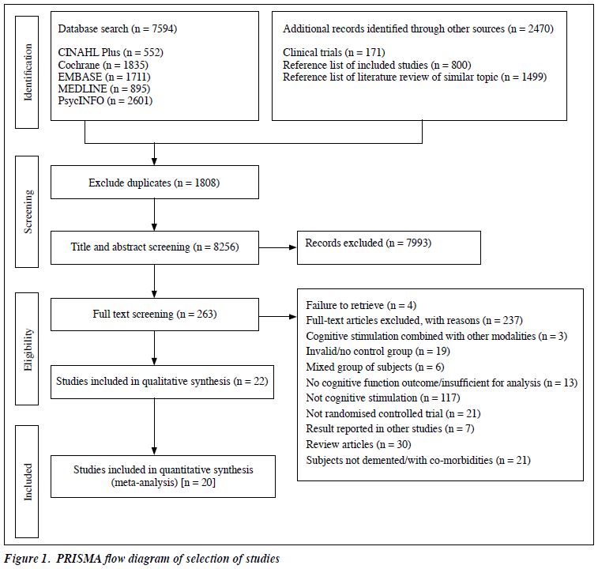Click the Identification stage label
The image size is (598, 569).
(x=28, y=72)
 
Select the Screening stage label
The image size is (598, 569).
(x=28, y=212)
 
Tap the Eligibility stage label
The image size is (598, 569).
(x=28, y=349)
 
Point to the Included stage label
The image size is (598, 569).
(x=28, y=481)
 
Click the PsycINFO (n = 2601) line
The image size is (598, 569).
(x=105, y=100)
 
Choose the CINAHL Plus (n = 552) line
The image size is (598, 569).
(x=111, y=52)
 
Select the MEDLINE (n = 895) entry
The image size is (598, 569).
(x=104, y=89)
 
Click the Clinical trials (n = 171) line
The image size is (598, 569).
(x=334, y=52)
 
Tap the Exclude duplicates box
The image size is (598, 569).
(x=155, y=182)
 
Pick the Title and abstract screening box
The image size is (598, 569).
(x=155, y=247)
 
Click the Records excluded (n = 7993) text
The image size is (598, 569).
(x=368, y=243)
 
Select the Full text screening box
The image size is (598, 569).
(x=155, y=315)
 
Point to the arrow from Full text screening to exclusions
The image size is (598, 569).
(x=277, y=316)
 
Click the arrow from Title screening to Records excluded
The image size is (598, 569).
(x=277, y=247)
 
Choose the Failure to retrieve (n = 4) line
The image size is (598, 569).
(x=361, y=305)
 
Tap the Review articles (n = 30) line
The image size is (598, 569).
(x=359, y=444)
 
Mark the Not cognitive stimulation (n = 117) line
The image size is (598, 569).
(x=383, y=398)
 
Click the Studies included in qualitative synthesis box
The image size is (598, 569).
(x=162, y=382)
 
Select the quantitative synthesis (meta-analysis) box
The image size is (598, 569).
(x=163, y=477)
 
